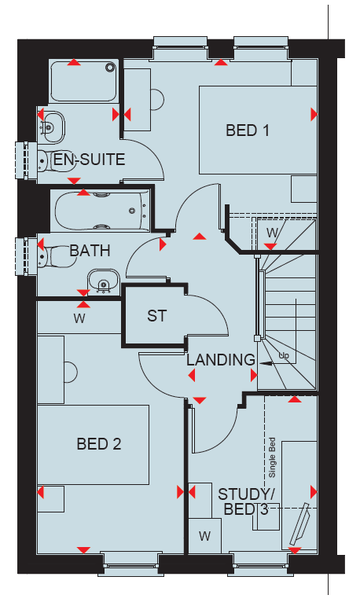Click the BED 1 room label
[247, 130]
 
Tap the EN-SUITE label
[89, 160]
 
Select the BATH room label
[90, 251]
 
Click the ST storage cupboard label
[156, 316]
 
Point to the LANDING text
[221, 360]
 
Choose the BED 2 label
[99, 443]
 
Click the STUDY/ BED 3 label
[244, 501]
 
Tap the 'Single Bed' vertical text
[272, 457]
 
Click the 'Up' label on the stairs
[284, 355]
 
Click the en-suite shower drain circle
[111, 68]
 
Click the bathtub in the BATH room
[101, 211]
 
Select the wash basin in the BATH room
[103, 282]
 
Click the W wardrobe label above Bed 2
[79, 319]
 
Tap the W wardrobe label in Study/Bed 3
[204, 536]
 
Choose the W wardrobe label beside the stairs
[272, 233]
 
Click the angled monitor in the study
[300, 524]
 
